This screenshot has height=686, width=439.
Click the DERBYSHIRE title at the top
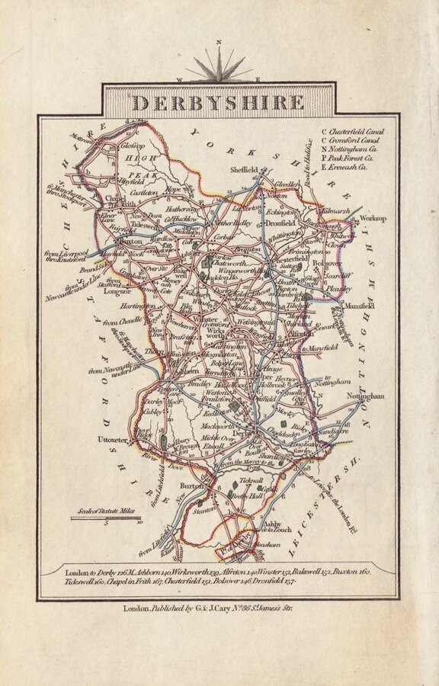tap(219, 101)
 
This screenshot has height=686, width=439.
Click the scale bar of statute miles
tap(107, 518)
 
